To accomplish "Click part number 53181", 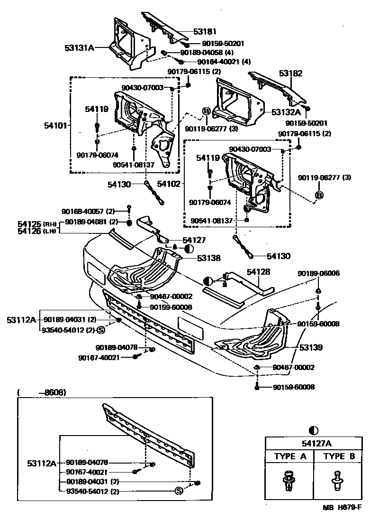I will [205, 32].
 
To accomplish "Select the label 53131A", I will [79, 47].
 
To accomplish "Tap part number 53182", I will [290, 74].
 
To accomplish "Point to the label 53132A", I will [286, 112].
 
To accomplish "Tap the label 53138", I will [209, 258].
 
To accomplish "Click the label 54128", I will [258, 272].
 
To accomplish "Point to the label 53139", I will [311, 348].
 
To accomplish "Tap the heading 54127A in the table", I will [313, 444].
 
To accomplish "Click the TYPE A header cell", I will [290, 456].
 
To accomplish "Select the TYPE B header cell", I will [340, 456].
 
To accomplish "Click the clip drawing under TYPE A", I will [289, 480].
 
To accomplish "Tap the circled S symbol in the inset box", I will [179, 491].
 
